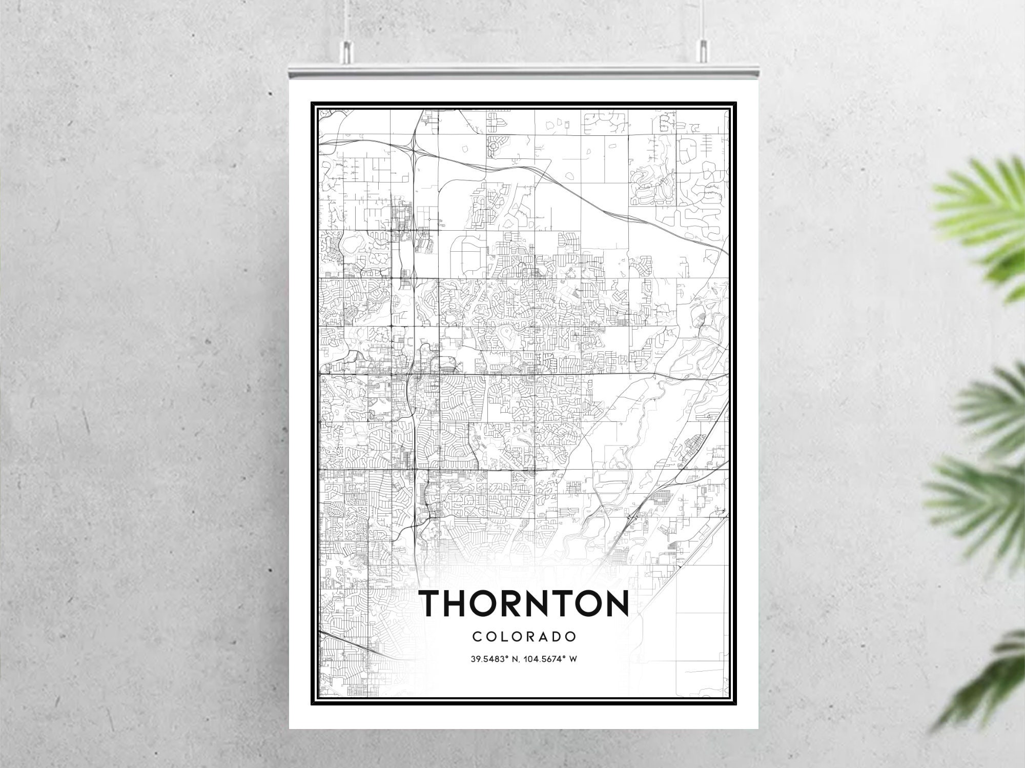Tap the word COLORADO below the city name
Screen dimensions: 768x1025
[524, 637]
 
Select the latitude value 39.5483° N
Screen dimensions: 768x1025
[494, 659]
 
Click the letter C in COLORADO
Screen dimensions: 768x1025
[477, 637]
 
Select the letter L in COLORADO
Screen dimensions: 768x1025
[503, 637]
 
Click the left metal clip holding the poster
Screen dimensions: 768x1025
[347, 51]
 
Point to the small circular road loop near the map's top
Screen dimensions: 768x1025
[494, 146]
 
